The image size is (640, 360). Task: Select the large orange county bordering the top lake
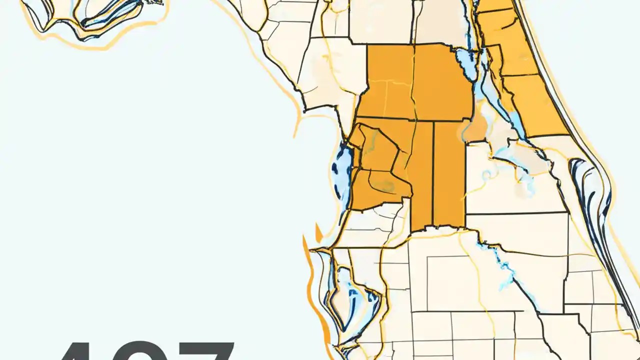(x=442, y=82)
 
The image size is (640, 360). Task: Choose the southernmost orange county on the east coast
(x=535, y=105)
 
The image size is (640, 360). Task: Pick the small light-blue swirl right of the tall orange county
(x=487, y=175)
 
